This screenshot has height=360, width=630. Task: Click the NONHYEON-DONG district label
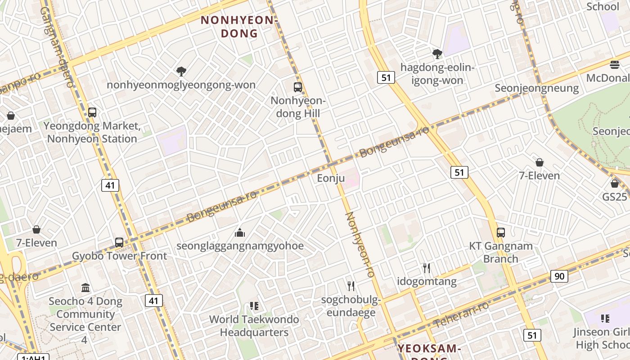coord(237,27)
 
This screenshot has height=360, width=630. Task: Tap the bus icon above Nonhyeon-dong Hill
coord(297,87)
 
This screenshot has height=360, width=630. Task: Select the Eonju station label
coord(331,178)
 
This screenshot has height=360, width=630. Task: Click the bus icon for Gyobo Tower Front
coord(119,243)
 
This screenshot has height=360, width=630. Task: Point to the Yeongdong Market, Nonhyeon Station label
coord(92,132)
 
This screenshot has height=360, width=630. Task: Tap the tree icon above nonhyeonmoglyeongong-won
coord(181,72)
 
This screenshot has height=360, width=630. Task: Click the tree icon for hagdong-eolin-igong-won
coord(437,54)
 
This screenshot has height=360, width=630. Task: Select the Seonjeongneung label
coord(537,88)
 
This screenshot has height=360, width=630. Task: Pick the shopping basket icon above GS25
coord(615,184)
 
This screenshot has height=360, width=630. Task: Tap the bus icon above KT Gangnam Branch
coord(501,233)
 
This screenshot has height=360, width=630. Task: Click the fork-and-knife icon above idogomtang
coord(427,268)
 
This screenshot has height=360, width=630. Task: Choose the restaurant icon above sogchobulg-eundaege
coord(351,286)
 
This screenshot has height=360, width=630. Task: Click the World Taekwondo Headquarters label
coord(254,326)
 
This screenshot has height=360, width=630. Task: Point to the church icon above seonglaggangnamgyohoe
coord(240,233)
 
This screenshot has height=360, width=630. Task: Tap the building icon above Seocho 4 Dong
coord(85,288)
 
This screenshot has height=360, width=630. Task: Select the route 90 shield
coord(559,276)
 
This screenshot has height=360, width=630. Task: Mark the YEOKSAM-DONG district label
coord(429,349)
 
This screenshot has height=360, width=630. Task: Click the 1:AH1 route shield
coord(33,357)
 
